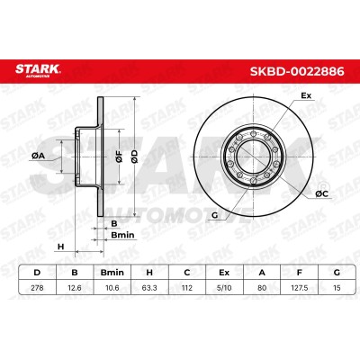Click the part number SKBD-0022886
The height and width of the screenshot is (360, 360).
click(x=297, y=72)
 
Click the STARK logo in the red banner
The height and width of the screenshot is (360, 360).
click(x=38, y=70)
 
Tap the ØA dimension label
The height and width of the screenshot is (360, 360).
click(x=38, y=156)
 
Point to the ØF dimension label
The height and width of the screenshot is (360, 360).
click(x=120, y=157)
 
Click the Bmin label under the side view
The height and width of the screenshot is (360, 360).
click(x=122, y=235)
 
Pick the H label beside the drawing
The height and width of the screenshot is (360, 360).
click(x=61, y=247)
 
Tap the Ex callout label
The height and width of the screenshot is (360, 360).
click(x=306, y=96)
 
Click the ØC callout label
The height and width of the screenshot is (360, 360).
click(x=322, y=194)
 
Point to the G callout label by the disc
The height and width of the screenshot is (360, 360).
click(x=214, y=215)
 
